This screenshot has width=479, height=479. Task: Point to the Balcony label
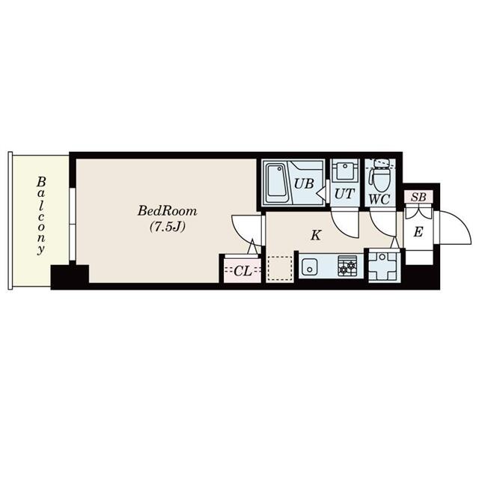pos(42,216)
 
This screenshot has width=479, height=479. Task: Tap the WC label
pos(380,200)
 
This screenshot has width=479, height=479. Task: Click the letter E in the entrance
pos(418,232)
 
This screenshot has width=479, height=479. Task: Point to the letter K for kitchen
pos(316,235)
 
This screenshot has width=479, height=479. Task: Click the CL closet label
pos(242,271)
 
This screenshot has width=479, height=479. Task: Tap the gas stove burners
pos(347,266)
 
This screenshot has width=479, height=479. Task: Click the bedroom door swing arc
pos(244,228)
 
